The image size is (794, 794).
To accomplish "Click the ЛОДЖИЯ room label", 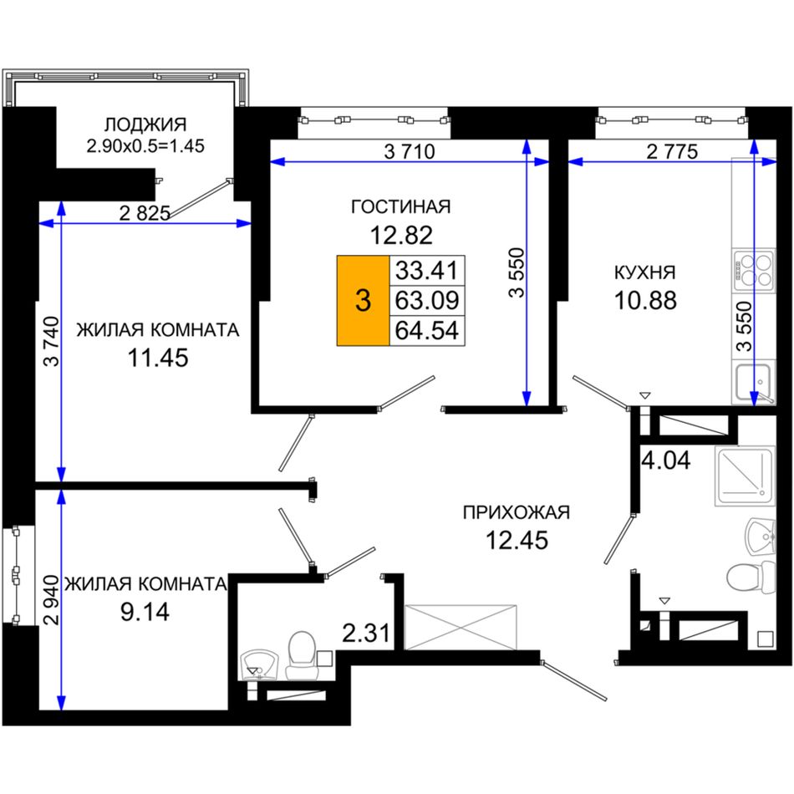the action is [145, 125].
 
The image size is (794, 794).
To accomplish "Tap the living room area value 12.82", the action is [401, 235].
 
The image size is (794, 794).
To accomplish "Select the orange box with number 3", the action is [363, 301].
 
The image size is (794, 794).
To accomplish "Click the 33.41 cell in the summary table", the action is [427, 271].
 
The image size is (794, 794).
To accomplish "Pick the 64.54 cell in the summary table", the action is [427, 330].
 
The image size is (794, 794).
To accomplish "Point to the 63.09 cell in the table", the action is [427, 300].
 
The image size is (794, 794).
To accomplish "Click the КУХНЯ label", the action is [644, 272].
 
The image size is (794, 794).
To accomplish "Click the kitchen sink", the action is [754, 382].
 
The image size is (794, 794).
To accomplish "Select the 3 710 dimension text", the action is [410, 151].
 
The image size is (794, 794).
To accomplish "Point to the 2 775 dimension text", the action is [672, 151].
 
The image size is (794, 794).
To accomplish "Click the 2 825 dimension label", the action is [145, 213].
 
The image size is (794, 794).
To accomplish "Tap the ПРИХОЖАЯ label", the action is [516, 512].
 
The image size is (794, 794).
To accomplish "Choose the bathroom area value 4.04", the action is [665, 461].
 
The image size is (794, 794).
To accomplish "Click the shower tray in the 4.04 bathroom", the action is [745, 476].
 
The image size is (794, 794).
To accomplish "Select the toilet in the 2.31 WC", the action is [302, 654].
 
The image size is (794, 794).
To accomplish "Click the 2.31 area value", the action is [366, 633].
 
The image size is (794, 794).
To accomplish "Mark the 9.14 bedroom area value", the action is [145, 612].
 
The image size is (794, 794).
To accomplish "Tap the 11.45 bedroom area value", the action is [157, 358].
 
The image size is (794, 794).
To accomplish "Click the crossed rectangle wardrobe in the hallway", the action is [461, 626].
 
